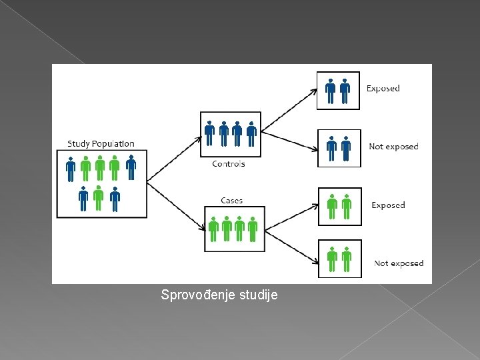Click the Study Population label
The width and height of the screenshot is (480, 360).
101,143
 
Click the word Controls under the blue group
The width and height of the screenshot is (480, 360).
228,164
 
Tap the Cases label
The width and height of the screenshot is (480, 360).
231,201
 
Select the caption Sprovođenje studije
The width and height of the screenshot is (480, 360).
219,294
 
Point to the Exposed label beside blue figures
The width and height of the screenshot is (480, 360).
383,88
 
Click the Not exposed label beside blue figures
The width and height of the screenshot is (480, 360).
393,147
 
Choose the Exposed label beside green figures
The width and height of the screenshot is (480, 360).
388,205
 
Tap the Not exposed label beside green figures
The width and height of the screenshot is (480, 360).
399,263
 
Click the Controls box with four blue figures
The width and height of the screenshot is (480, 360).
231,134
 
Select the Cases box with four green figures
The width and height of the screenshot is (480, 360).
234,229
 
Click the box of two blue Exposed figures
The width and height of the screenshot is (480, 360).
338,90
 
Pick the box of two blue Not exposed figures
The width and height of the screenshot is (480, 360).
339,148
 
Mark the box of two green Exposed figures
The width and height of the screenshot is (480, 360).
339,207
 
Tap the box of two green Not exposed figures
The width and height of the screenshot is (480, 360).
339,258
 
